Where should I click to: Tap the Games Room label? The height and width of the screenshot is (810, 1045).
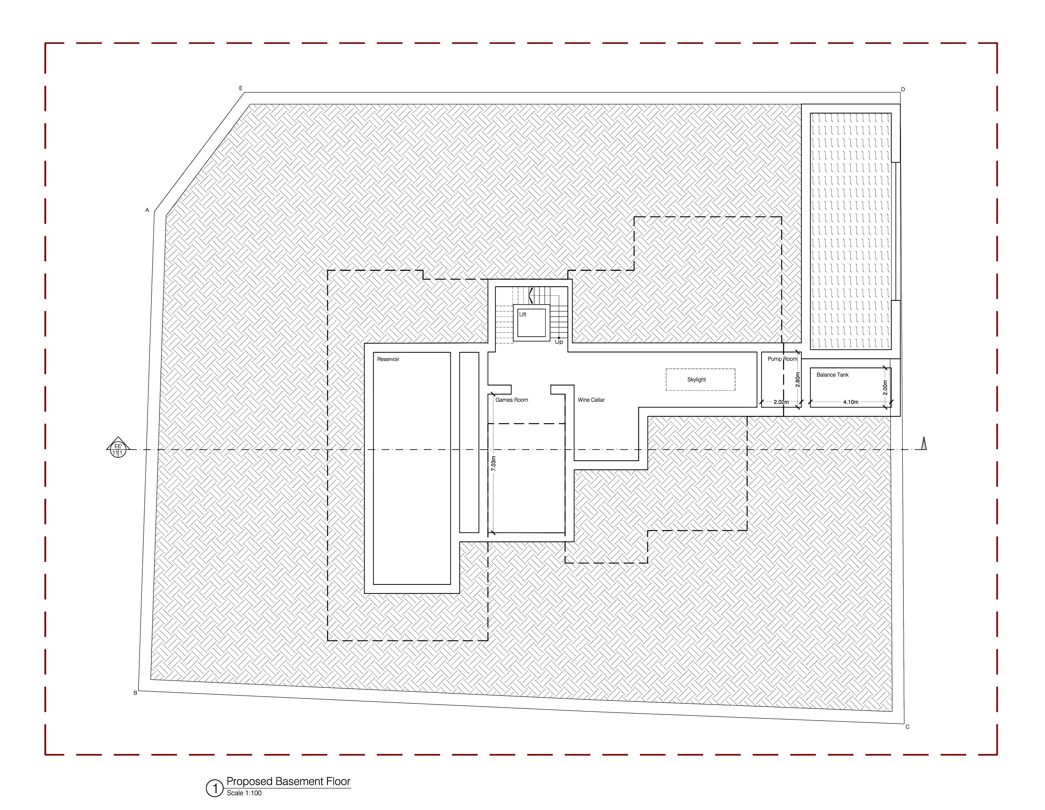click(x=512, y=400)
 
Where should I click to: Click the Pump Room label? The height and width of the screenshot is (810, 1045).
click(x=782, y=359)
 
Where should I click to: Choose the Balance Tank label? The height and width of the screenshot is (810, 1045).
click(x=833, y=375)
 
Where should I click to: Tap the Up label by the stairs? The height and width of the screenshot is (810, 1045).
click(x=559, y=342)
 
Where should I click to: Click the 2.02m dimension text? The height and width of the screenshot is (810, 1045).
click(x=781, y=402)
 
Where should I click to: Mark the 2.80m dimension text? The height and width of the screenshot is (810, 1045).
click(x=798, y=380)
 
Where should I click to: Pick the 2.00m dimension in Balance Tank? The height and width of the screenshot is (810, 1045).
click(x=885, y=387)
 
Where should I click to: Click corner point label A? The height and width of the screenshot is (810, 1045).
click(x=147, y=210)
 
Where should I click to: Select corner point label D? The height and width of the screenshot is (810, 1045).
click(x=903, y=89)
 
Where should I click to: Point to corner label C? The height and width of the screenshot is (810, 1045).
click(x=907, y=727)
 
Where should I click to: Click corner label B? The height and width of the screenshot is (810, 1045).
click(x=135, y=693)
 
